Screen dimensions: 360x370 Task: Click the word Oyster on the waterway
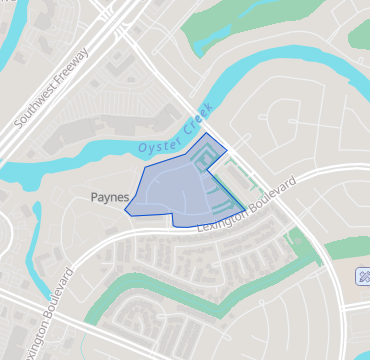point(154,147)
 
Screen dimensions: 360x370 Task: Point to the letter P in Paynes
point(95,197)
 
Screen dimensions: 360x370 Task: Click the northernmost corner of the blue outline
point(206,133)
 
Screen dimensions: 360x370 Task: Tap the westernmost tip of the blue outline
point(125,211)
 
